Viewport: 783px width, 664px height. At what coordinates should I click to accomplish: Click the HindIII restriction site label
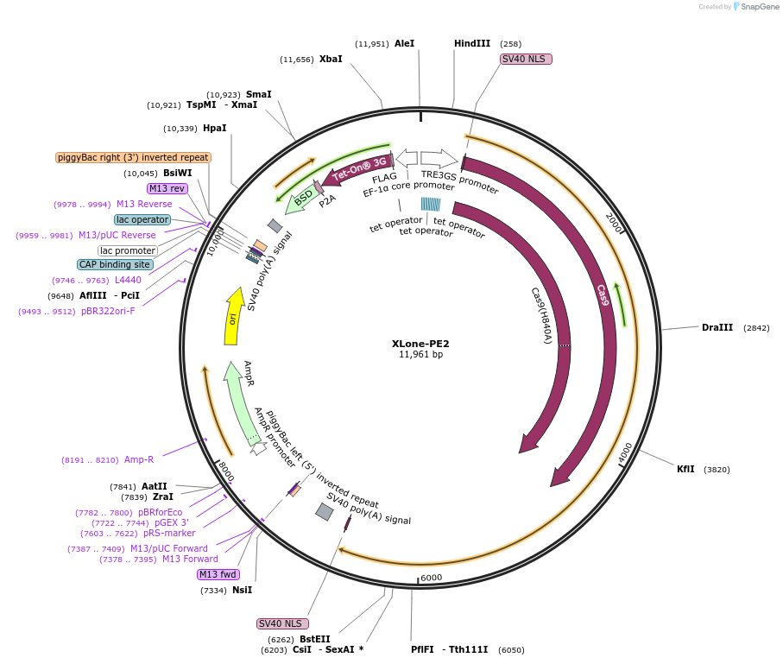click(471, 43)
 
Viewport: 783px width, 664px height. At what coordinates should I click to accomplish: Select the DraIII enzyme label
click(717, 327)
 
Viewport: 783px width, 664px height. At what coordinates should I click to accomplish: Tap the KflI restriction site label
click(685, 469)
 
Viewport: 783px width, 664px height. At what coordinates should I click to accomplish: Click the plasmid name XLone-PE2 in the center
click(420, 343)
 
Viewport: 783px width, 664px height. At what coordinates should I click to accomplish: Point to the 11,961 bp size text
click(420, 355)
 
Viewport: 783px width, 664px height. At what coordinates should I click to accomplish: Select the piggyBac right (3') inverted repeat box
click(133, 157)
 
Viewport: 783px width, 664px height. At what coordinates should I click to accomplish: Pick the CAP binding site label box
click(116, 264)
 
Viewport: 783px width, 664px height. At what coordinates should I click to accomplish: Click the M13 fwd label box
click(218, 574)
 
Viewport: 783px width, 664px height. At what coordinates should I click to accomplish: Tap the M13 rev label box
click(167, 188)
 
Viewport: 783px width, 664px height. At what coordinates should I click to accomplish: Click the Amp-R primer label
click(138, 460)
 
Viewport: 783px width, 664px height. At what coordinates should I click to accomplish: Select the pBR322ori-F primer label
click(108, 311)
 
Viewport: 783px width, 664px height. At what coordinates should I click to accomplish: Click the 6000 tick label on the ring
click(431, 578)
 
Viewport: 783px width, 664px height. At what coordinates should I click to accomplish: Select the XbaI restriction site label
click(331, 59)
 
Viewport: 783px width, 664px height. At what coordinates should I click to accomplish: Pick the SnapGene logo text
click(757, 7)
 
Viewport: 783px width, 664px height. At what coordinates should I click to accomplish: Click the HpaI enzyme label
click(214, 128)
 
